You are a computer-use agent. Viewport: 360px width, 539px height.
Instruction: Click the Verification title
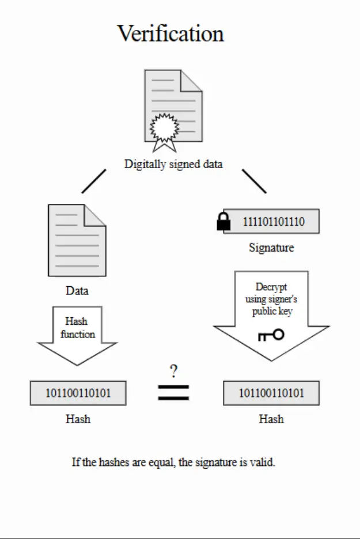tap(170, 33)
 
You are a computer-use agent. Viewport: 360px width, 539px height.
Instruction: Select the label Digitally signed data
tap(173, 164)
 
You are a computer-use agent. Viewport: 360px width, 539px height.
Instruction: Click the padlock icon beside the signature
tap(223, 221)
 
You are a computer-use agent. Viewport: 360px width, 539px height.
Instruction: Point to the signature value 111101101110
tap(274, 221)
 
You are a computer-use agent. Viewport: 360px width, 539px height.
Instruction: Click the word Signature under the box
tap(271, 248)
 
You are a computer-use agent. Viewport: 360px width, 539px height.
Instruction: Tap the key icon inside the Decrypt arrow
tap(271, 335)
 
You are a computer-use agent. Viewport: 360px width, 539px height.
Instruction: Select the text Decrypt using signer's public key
tap(271, 299)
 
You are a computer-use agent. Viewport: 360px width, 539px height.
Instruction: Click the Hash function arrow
tap(77, 336)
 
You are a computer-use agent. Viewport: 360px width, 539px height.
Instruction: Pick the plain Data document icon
tap(77, 240)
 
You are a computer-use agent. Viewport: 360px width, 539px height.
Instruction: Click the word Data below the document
tap(77, 291)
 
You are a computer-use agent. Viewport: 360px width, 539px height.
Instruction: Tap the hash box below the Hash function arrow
tap(78, 393)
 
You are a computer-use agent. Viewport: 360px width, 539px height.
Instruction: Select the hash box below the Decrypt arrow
tap(271, 393)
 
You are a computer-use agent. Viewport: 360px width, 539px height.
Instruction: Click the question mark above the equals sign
tap(173, 371)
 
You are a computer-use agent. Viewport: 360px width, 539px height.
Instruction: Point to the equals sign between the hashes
tap(173, 393)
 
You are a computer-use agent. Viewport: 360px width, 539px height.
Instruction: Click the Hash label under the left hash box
tap(78, 419)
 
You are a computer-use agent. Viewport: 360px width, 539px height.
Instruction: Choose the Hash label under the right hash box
tap(271, 419)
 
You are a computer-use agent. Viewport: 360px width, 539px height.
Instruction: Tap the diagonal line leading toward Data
tap(94, 181)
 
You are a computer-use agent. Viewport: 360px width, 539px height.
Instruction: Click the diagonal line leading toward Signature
tap(254, 181)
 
